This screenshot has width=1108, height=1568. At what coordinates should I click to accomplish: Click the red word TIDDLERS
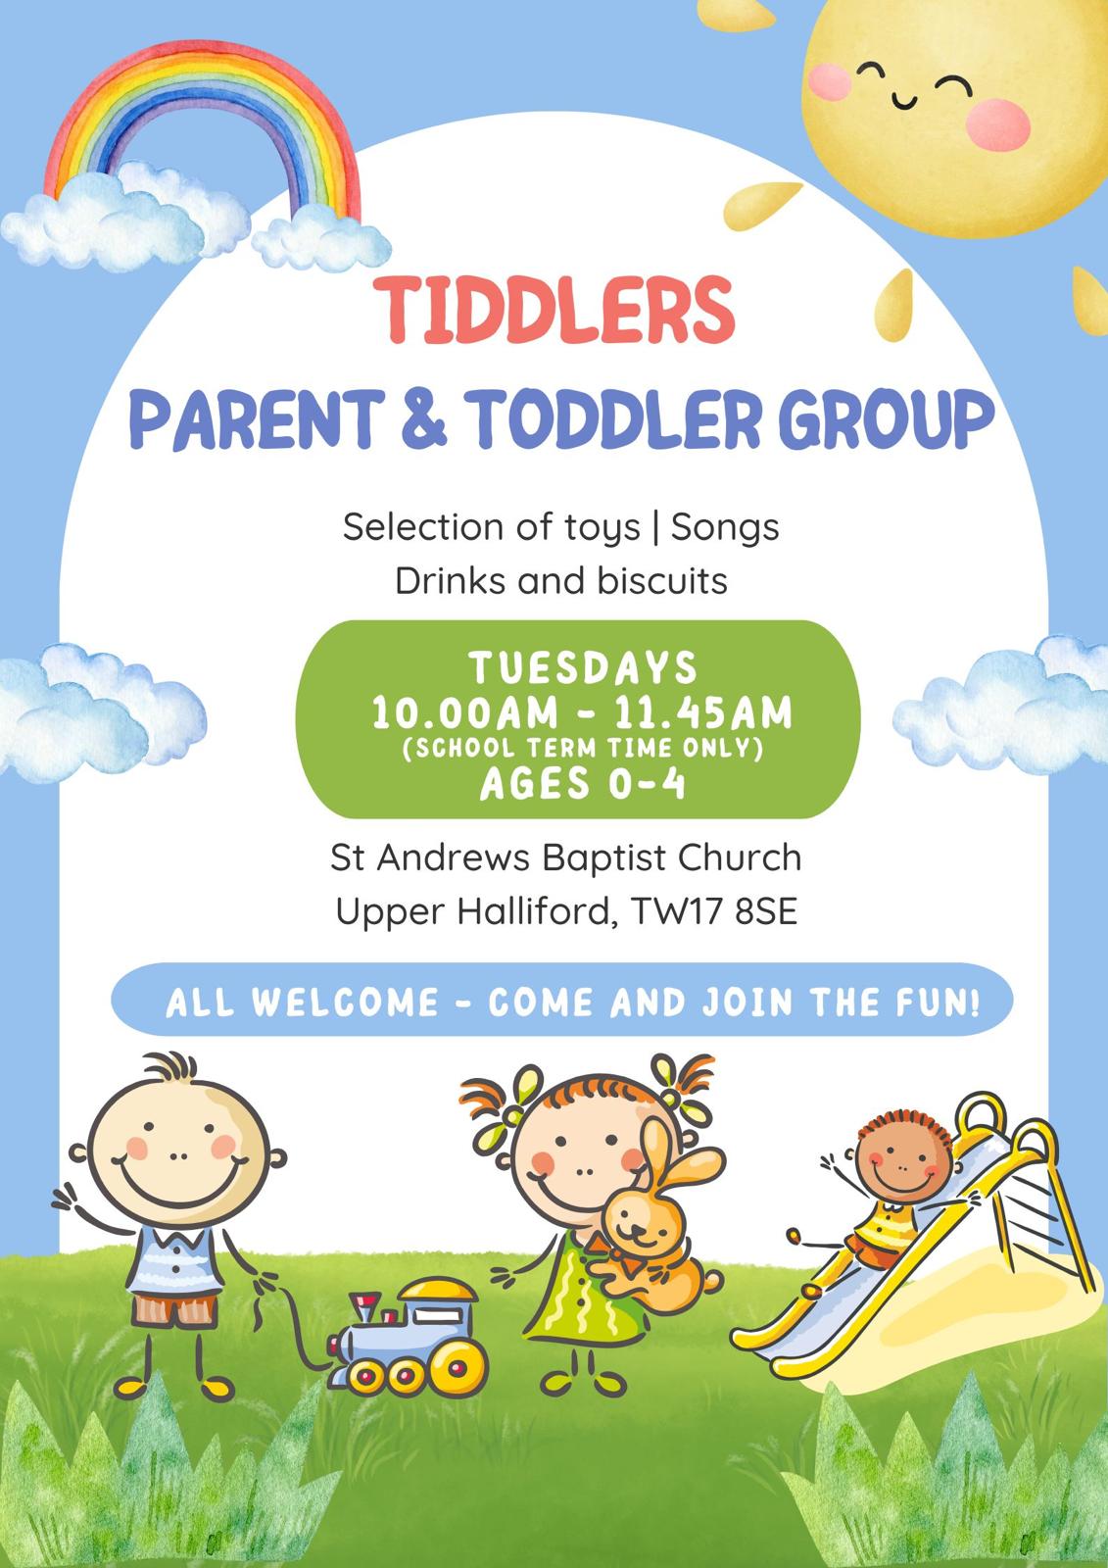click(554, 309)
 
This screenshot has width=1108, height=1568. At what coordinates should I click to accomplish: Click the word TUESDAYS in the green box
click(583, 667)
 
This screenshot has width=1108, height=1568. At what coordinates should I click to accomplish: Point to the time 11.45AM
click(702, 713)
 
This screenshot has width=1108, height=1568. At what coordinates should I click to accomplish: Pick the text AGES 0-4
click(582, 783)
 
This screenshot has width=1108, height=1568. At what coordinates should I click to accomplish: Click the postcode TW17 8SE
click(714, 912)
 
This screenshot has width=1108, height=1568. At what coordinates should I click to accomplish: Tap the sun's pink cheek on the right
click(998, 123)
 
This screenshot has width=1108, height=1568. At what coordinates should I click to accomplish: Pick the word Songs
click(724, 527)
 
